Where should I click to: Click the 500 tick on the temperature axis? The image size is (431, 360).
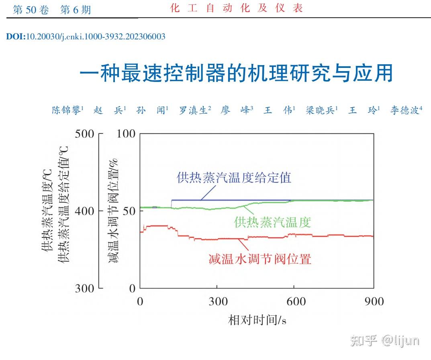[85, 133]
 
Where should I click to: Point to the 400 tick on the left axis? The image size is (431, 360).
[85, 211]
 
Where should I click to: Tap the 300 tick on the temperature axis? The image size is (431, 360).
[85, 288]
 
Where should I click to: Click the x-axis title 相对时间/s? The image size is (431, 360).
[257, 320]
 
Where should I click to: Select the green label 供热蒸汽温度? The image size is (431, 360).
[273, 222]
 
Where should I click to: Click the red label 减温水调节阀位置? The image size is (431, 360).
[260, 259]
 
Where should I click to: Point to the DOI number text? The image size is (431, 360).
[86, 37]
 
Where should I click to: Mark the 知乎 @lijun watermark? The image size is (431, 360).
[384, 341]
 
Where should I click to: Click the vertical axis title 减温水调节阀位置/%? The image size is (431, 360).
[116, 211]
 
